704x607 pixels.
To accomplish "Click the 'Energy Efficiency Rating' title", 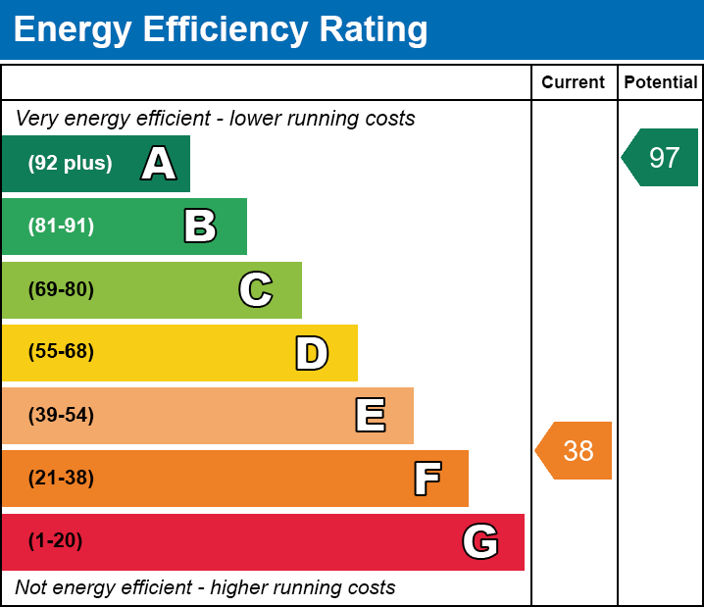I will (220, 30).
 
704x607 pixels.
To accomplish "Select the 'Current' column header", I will (574, 83).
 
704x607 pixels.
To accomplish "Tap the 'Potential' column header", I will (661, 83).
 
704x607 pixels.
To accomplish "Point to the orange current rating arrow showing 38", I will (576, 451).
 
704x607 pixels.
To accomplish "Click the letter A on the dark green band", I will (158, 164).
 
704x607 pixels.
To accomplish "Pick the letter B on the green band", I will (200, 227).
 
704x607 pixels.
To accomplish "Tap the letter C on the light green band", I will (256, 289).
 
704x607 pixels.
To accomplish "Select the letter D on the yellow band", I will (312, 353).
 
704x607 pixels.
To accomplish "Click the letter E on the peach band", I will (370, 416).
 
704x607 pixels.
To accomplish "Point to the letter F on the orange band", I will (427, 479).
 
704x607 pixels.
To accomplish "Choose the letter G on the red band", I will (480, 541).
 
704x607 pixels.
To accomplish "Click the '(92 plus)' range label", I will (70, 164).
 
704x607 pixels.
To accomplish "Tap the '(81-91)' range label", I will (61, 227).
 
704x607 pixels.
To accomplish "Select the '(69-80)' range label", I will (61, 289).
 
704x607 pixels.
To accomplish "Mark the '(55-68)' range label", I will (61, 352).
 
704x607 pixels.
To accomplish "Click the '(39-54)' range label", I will (61, 416).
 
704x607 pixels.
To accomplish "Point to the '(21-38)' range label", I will (61, 479).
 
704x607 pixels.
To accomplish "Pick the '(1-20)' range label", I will (55, 541).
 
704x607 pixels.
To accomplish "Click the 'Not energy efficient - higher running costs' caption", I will (205, 588).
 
